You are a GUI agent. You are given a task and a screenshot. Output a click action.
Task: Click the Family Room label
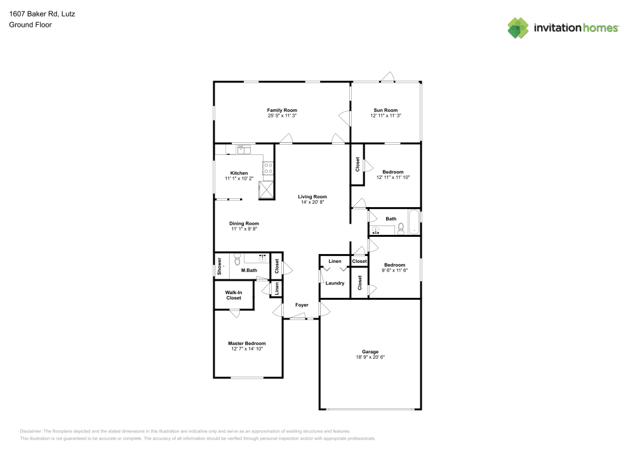pyautogui.click(x=282, y=111)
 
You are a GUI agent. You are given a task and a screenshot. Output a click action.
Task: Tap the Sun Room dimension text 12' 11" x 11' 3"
pyautogui.click(x=385, y=116)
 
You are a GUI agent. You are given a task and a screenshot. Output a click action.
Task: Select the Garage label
pyautogui.click(x=370, y=352)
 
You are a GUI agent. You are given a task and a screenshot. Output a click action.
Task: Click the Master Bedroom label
pyautogui.click(x=246, y=343)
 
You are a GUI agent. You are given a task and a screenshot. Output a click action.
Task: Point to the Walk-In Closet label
pyautogui.click(x=233, y=295)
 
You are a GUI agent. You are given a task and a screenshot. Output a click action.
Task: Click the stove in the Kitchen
pyautogui.click(x=269, y=168)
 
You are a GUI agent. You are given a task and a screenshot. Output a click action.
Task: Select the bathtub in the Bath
pyautogui.click(x=413, y=222)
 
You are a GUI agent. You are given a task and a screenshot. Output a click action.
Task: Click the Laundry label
pyautogui.click(x=335, y=283)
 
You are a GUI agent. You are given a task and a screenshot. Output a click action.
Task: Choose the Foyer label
pyautogui.click(x=302, y=305)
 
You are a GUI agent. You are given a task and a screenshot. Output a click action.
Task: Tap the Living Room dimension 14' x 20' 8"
pyautogui.click(x=312, y=202)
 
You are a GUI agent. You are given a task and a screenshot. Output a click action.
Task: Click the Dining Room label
pyautogui.click(x=244, y=224)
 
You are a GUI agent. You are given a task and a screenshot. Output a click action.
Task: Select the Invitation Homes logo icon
pyautogui.click(x=518, y=27)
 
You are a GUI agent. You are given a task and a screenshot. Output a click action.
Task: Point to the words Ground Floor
pyautogui.click(x=30, y=25)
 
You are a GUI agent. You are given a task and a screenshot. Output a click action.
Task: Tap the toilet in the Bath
pyautogui.click(x=401, y=230)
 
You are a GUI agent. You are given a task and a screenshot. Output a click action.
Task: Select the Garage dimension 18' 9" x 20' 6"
pyautogui.click(x=370, y=358)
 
